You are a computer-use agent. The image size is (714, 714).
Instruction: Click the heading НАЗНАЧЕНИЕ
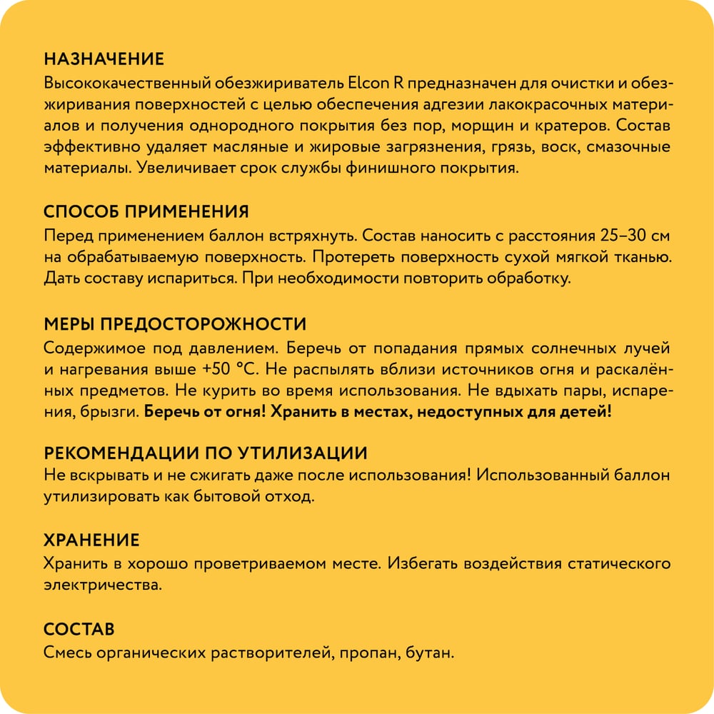pos(104,59)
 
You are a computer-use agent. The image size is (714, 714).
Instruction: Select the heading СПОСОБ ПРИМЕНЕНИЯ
pos(146,212)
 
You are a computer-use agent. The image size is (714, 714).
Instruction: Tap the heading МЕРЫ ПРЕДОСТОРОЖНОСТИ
pos(175,324)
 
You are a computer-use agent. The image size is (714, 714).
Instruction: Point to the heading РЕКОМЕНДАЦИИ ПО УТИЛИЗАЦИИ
pos(206,453)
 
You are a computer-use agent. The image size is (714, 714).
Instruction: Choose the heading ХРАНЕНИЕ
pos(91,540)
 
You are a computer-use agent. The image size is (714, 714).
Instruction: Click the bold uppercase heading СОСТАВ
pos(79,630)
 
